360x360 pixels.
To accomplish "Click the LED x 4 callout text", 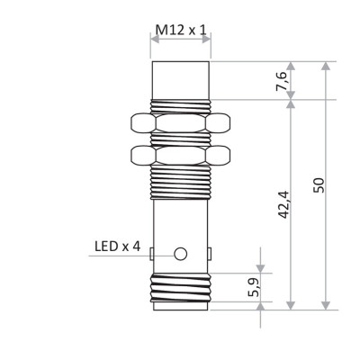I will [x=117, y=246].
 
